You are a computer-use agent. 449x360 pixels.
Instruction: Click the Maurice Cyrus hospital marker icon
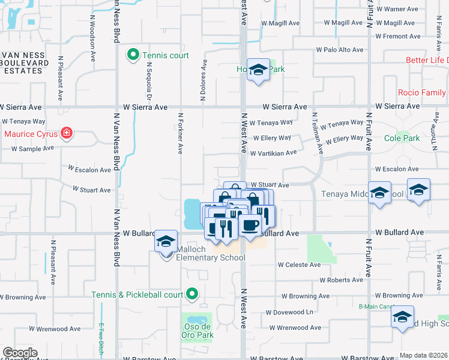pyautogui.click(x=67, y=133)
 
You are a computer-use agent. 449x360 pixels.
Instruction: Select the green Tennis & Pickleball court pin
pyautogui.click(x=191, y=294)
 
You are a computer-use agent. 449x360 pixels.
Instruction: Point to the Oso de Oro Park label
pyautogui.click(x=197, y=331)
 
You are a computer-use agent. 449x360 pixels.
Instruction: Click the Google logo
pyautogui.click(x=20, y=353)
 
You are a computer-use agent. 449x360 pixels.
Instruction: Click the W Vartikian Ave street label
pyautogui.click(x=274, y=153)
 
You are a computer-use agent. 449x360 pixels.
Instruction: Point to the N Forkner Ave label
pyautogui.click(x=179, y=132)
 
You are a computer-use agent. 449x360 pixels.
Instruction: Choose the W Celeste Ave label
pyautogui.click(x=299, y=265)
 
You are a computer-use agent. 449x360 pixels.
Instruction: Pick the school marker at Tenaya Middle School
pyautogui.click(x=379, y=193)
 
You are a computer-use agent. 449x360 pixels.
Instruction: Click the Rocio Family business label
pyautogui.click(x=422, y=92)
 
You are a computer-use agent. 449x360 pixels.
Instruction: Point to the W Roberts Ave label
pyautogui.click(x=341, y=280)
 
